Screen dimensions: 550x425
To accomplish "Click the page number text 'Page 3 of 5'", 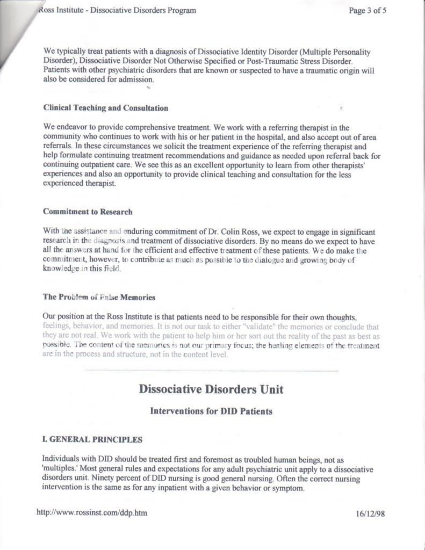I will click(367, 10).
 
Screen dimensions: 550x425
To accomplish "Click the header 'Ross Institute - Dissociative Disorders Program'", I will click(117, 10).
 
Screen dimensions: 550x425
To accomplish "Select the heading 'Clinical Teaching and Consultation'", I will click(105, 108).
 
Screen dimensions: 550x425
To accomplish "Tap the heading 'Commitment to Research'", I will click(88, 212).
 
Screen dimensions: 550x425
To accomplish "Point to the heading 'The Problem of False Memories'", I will click(99, 296).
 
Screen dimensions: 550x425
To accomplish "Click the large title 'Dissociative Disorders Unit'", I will click(211, 389).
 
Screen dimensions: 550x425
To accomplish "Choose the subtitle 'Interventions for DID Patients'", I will click(211, 411).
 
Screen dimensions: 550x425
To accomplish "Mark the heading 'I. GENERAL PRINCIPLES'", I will click(92, 439).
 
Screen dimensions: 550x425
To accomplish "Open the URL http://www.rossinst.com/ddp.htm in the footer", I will click(91, 513).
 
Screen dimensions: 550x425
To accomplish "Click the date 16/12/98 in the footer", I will click(370, 513).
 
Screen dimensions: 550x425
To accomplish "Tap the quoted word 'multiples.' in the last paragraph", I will click(61, 469).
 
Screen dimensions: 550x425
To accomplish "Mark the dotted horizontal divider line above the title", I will click(211, 371).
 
